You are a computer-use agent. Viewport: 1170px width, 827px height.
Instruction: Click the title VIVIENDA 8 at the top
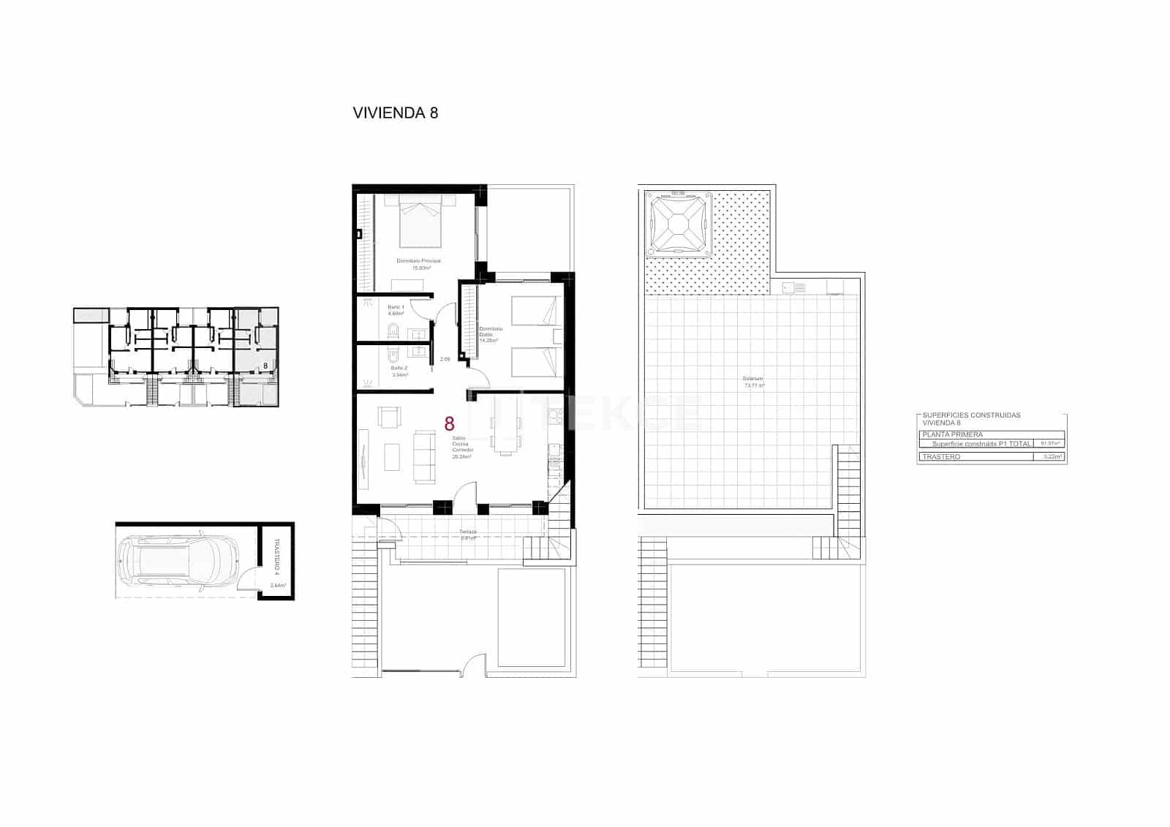[395, 113]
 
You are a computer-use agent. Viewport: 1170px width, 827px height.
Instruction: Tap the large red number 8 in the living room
[449, 423]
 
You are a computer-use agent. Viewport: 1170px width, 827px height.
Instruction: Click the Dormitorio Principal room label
[418, 261]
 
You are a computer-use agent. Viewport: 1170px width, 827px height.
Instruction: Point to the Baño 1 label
[396, 306]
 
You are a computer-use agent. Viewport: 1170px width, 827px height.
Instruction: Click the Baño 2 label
[399, 368]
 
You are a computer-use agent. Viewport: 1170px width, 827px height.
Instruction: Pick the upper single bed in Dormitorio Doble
[535, 310]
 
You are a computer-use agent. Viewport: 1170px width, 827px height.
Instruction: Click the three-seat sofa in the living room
[423, 456]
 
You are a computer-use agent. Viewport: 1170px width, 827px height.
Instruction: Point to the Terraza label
[468, 532]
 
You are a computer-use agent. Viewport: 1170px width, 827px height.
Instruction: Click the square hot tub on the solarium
[679, 225]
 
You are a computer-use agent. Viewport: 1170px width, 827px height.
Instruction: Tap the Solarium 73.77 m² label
[753, 382]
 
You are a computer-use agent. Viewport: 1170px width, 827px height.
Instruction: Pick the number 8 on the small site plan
[265, 365]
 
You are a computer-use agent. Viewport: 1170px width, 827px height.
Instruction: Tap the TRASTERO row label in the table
[942, 457]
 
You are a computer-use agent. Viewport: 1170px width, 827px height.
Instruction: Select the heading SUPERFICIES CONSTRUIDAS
[971, 415]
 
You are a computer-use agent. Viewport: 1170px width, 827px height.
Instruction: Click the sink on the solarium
[788, 287]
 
